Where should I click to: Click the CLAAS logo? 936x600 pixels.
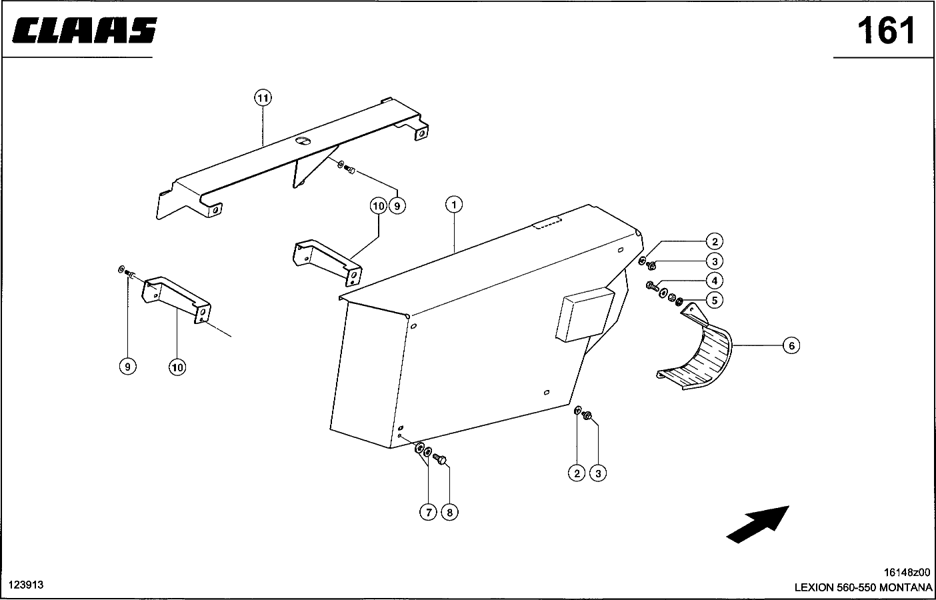(x=85, y=30)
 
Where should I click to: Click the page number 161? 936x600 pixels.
(x=886, y=31)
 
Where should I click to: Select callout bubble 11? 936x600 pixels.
(x=263, y=98)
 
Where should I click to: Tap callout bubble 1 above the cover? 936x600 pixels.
(x=454, y=205)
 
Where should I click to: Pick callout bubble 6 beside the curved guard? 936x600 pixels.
(x=791, y=345)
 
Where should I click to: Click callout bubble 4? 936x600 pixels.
(x=715, y=281)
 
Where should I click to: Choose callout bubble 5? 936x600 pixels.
(x=715, y=300)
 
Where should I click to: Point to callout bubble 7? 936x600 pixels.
(x=428, y=512)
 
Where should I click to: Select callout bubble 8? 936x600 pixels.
(x=449, y=512)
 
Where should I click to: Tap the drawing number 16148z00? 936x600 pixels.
(x=907, y=572)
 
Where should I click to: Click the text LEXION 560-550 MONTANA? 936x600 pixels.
(x=863, y=587)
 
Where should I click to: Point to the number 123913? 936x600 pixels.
(x=26, y=585)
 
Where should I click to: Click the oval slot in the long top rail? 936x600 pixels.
(x=303, y=141)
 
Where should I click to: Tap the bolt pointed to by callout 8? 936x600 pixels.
(x=439, y=459)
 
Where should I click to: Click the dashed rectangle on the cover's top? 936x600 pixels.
(x=547, y=223)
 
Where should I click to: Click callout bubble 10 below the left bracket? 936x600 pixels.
(x=177, y=367)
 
